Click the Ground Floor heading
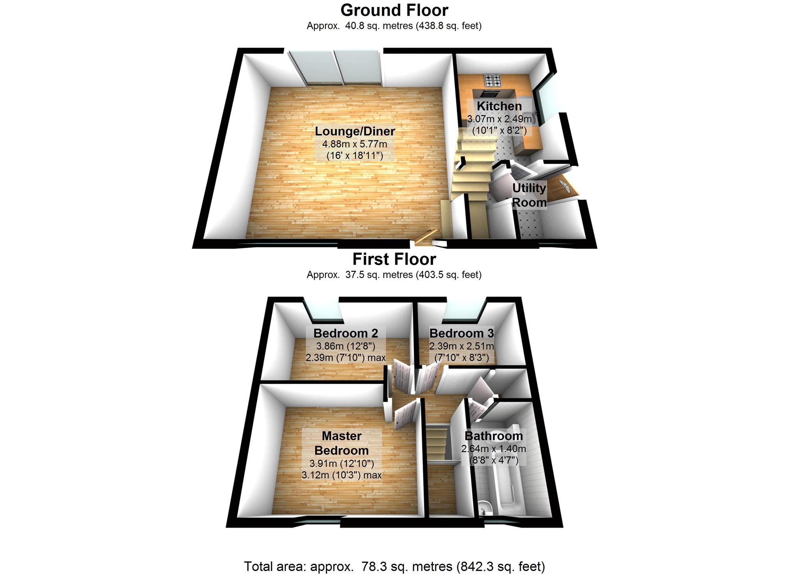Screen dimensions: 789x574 [394, 10]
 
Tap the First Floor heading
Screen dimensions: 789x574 [394, 259]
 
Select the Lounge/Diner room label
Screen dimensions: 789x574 [355, 131]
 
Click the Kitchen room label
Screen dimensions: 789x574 [499, 106]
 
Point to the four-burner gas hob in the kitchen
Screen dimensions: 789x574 [493, 81]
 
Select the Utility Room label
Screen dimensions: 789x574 [529, 195]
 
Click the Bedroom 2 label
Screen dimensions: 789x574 [346, 333]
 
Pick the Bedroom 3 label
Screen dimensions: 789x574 [462, 333]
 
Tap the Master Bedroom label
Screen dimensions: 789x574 [342, 443]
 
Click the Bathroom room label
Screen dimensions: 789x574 [494, 436]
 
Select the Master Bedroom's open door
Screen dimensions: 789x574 [405, 415]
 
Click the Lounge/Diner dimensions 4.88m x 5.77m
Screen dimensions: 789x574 [355, 144]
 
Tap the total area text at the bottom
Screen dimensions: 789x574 [394, 566]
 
